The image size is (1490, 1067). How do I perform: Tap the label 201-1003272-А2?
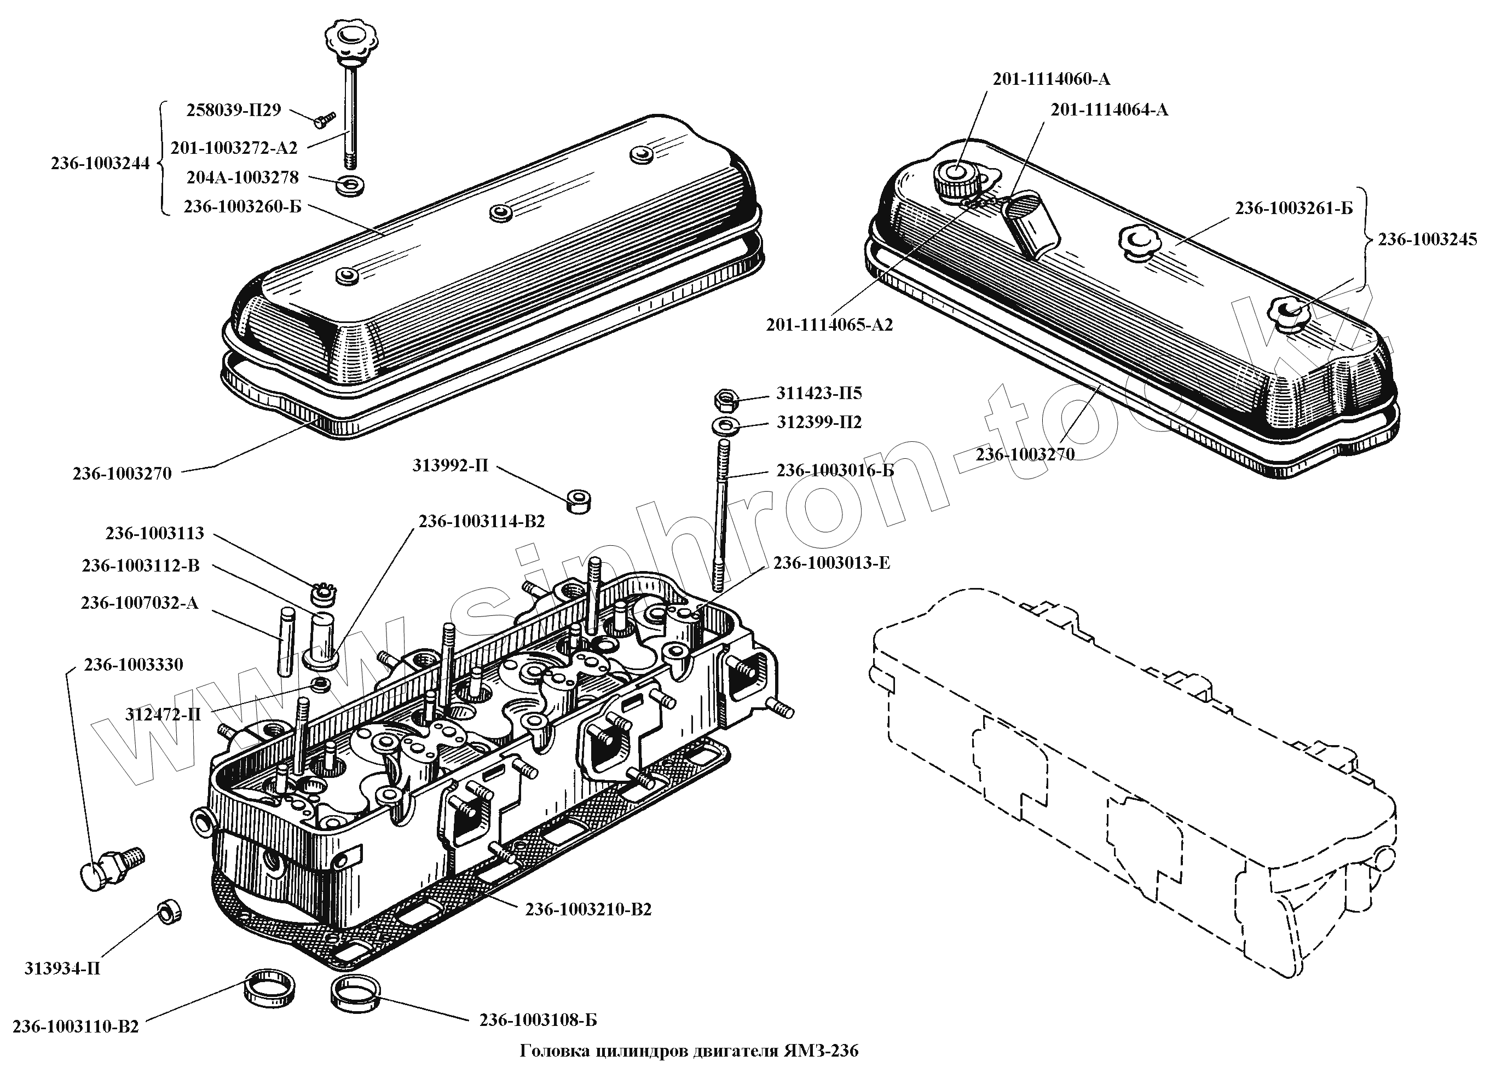click(234, 148)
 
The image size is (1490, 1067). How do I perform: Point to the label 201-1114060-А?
click(1051, 79)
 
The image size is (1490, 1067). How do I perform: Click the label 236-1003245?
click(1427, 239)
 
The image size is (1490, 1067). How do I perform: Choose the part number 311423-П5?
click(818, 394)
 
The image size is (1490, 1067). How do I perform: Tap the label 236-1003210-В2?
click(588, 909)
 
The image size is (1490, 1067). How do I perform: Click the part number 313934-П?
click(62, 968)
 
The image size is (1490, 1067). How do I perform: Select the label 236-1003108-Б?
click(538, 1020)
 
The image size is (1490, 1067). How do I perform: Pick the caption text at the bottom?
click(689, 1051)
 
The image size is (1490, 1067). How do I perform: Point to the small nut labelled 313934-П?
click(170, 912)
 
